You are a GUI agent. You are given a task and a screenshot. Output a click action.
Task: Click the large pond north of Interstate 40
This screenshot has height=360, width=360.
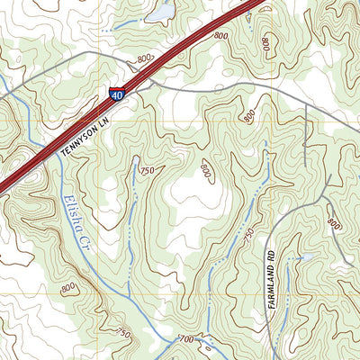[161, 13]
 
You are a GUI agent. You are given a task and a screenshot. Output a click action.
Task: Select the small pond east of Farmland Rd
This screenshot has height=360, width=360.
[304, 258]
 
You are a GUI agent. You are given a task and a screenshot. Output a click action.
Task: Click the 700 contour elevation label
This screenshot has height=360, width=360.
[186, 339]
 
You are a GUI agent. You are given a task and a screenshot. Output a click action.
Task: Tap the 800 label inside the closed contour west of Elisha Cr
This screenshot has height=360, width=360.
[68, 288]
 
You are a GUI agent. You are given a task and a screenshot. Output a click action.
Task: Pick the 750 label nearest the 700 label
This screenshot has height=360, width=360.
[124, 334]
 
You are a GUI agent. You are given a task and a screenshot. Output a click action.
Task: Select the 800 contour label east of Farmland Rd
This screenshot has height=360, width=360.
[335, 222]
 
